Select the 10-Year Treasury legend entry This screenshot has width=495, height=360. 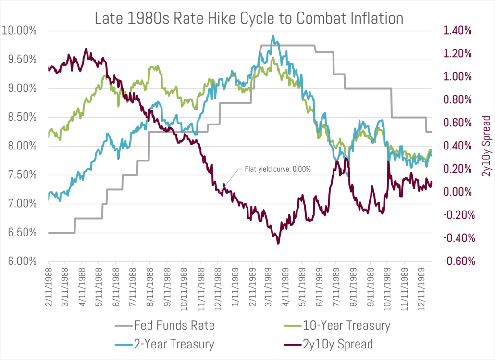[x=346, y=326]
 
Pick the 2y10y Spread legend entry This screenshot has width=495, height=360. [x=338, y=344]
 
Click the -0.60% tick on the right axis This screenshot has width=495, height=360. [x=458, y=262]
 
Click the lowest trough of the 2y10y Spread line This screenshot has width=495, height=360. [x=278, y=243]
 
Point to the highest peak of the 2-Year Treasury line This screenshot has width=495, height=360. [x=273, y=36]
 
